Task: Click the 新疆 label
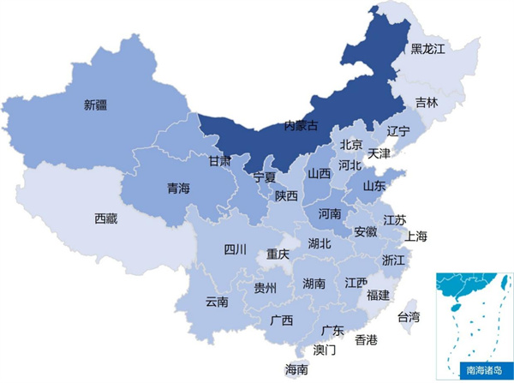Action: pos(96,105)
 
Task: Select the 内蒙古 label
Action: pos(300,126)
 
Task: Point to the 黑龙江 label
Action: pos(428,49)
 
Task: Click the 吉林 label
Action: pos(426,102)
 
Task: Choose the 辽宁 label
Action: pos(398,131)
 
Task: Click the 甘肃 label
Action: pos(219,160)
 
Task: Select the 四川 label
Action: pos(235,249)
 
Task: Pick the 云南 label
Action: pos(217,302)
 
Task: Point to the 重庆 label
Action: pos(278,254)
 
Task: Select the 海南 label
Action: pos(297,368)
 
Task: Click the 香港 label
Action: pos(366,340)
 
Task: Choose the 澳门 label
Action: pos(325,350)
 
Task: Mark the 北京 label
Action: pos(351,144)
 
